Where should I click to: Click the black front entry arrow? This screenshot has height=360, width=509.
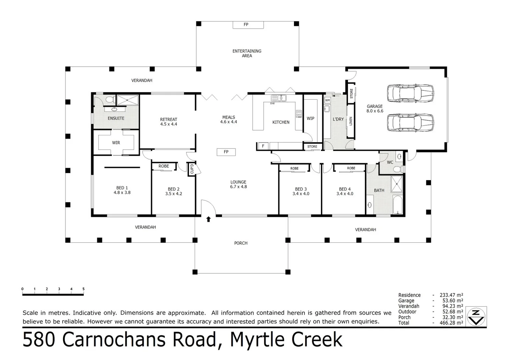tap(208, 219)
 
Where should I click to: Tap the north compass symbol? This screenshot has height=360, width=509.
tap(476, 317)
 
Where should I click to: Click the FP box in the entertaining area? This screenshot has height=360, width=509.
tap(248, 25)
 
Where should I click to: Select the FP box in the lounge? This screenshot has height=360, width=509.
tap(226, 152)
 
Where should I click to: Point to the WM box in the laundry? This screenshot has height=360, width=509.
tap(327, 100)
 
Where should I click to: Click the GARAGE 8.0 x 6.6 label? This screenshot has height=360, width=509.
tap(375, 109)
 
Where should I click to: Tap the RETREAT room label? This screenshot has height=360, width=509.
tap(168, 119)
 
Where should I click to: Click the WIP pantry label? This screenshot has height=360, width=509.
tap(310, 118)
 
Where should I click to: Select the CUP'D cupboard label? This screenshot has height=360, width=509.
tap(192, 169)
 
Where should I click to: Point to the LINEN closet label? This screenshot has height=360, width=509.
tap(351, 121)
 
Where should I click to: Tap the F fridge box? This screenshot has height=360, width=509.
tap(263, 146)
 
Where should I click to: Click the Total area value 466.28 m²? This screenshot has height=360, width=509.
tap(451, 323)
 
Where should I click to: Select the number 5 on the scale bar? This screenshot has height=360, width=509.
tap(83, 289)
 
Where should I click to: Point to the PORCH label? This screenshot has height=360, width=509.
tap(241, 243)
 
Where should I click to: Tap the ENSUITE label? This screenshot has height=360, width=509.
tap(116, 118)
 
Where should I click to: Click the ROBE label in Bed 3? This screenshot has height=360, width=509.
tap(294, 168)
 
